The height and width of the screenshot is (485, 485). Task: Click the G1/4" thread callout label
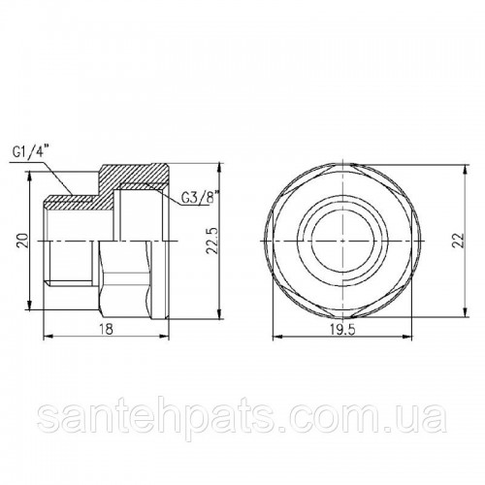(x=32, y=151)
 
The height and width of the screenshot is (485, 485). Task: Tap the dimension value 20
(x=23, y=241)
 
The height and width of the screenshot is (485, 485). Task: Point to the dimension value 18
(x=106, y=329)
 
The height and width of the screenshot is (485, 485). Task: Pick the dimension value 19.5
(x=342, y=330)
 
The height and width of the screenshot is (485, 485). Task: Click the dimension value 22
(x=458, y=241)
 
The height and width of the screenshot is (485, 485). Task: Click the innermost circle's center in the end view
(x=342, y=242)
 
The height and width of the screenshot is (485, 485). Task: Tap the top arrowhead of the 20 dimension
(x=29, y=176)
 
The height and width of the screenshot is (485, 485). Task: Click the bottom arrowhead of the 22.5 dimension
(x=220, y=314)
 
